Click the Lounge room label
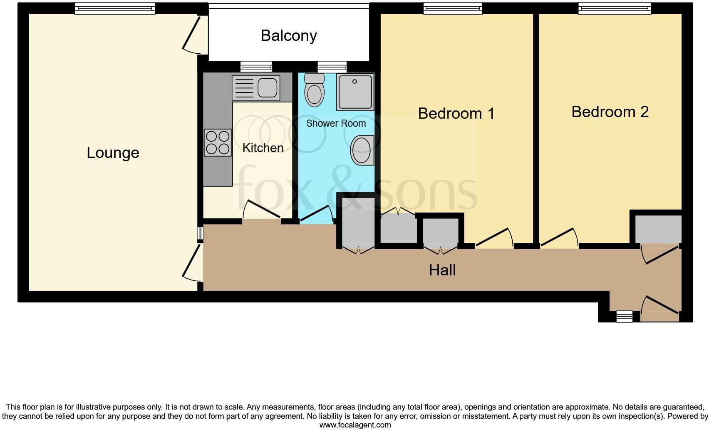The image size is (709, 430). (113, 153)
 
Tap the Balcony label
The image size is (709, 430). (289, 36)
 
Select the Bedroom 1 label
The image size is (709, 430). (456, 113)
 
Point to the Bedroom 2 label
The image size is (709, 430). (610, 112)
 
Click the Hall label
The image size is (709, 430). (442, 270)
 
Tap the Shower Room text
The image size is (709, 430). (336, 123)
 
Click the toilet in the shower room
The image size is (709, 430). (314, 89)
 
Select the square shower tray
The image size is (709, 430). (355, 92)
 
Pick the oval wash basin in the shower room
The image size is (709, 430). (362, 150)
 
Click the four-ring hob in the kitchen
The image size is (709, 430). (217, 142)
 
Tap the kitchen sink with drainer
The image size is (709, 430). (255, 87)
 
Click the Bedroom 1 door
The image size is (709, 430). (494, 239)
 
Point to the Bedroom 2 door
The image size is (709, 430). (559, 239)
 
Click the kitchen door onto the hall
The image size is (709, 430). (261, 211)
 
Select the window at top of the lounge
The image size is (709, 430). (114, 8)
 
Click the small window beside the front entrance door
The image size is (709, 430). (624, 317)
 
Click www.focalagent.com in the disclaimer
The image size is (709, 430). (355, 425)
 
